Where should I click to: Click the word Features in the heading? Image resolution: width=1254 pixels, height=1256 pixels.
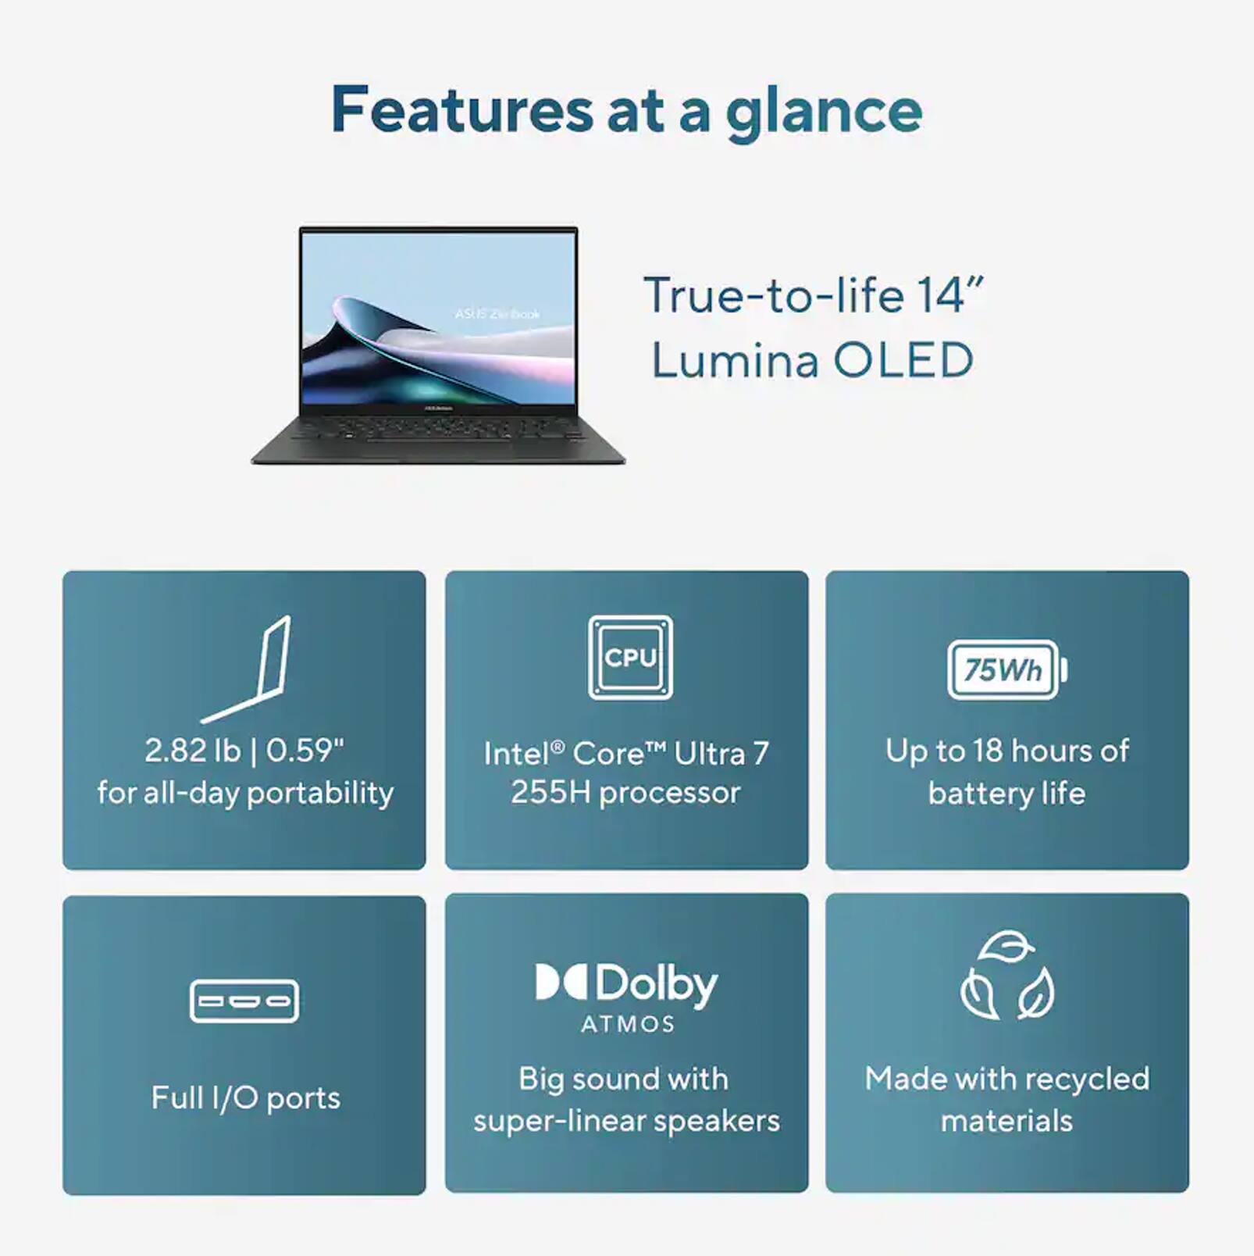[461, 110]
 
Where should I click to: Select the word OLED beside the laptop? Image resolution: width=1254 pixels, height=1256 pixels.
[903, 360]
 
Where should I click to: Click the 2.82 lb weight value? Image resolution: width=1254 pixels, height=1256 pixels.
[192, 751]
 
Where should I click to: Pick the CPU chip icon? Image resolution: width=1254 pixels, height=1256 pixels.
[630, 658]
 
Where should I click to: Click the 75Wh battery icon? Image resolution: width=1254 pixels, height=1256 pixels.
[1006, 669]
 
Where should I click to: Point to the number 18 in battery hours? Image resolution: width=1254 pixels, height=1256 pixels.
[987, 751]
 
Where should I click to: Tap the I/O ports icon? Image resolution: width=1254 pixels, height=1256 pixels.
[244, 1001]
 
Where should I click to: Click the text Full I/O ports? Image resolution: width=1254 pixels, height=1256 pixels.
[245, 1097]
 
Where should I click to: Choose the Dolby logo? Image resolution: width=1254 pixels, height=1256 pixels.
[626, 983]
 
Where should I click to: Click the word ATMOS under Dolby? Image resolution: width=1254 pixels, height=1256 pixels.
[628, 1024]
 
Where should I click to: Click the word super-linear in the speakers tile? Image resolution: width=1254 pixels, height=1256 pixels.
[559, 1121]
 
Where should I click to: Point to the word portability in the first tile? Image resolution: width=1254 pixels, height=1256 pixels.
[320, 794]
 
